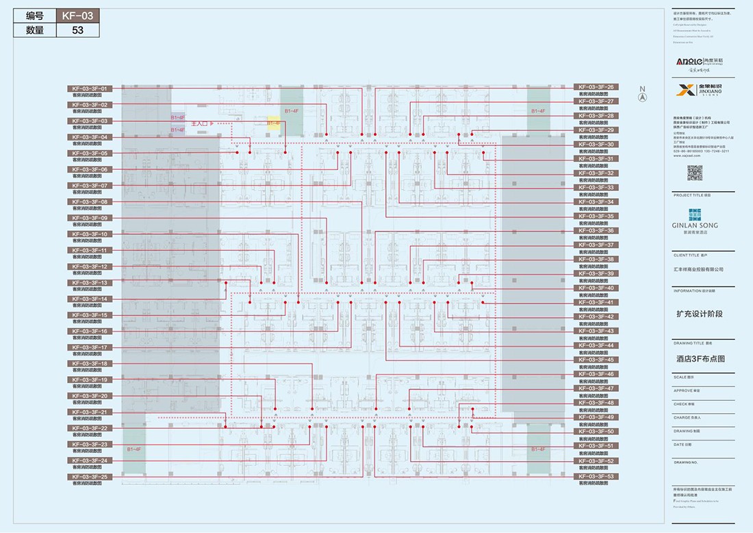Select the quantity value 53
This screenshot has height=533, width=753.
(77, 30)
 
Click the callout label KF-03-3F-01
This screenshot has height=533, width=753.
(88, 89)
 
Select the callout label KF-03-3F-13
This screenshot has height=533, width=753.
(88, 283)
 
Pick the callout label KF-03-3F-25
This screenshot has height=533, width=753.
(88, 477)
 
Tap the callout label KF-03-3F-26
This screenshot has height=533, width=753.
(595, 87)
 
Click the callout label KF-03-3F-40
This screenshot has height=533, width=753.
(595, 288)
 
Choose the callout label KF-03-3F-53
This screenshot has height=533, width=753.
(595, 476)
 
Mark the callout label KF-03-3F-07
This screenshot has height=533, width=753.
(88, 186)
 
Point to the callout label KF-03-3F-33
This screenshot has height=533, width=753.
(595, 187)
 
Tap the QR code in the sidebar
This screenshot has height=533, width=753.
(695, 173)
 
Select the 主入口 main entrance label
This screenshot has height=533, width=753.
(203, 123)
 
